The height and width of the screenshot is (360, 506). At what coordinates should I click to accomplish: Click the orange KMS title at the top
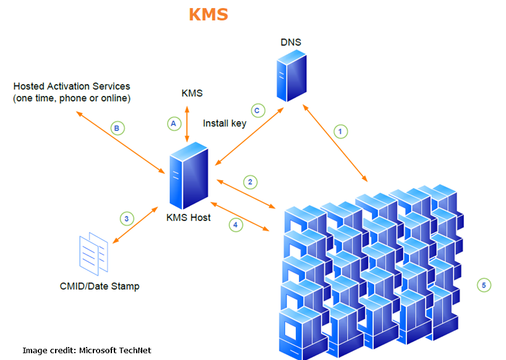click(x=208, y=14)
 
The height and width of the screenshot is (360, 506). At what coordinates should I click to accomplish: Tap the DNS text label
click(x=291, y=42)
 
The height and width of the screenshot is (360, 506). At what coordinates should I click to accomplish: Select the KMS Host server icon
click(x=188, y=176)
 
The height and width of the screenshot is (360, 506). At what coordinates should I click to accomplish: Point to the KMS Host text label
click(x=188, y=217)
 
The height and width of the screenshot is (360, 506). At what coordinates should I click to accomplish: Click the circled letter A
click(x=174, y=123)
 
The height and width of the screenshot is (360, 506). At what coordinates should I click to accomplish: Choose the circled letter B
click(x=117, y=128)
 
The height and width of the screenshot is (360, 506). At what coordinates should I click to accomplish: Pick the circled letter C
click(x=258, y=111)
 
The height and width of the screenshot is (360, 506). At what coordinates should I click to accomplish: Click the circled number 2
click(x=250, y=182)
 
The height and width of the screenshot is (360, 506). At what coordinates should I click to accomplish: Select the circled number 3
click(x=126, y=218)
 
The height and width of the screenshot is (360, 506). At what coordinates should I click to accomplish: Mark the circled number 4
click(x=235, y=225)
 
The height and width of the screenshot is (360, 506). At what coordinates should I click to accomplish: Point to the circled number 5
click(x=484, y=285)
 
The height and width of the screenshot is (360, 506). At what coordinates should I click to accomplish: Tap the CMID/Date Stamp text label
click(x=99, y=286)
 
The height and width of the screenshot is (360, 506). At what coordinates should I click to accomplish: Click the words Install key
click(x=225, y=123)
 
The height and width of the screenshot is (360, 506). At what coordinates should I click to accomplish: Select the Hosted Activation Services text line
click(x=72, y=86)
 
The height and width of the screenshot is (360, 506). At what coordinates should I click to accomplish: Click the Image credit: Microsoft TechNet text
click(x=87, y=350)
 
